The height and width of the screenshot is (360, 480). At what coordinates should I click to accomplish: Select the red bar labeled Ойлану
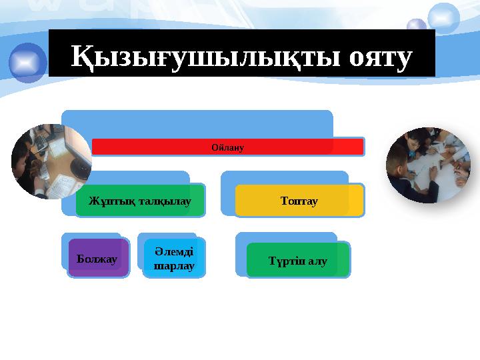(227, 147)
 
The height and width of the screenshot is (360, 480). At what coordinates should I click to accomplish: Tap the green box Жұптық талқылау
(140, 201)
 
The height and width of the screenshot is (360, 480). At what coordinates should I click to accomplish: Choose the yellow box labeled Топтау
(299, 201)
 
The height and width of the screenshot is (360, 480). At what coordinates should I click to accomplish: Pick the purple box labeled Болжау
(98, 259)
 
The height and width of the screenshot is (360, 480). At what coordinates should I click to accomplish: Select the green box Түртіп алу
(297, 261)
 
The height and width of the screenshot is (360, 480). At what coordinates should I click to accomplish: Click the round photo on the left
(51, 161)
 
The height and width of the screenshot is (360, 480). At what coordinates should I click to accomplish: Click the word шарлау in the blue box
(174, 266)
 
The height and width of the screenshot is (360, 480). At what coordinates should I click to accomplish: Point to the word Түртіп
(285, 261)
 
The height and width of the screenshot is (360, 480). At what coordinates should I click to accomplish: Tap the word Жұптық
(109, 201)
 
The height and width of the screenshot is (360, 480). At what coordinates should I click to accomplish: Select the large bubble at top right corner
(443, 17)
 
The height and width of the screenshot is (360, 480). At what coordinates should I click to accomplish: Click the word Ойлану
(227, 147)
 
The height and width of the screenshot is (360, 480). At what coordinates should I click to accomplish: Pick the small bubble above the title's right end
(417, 27)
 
